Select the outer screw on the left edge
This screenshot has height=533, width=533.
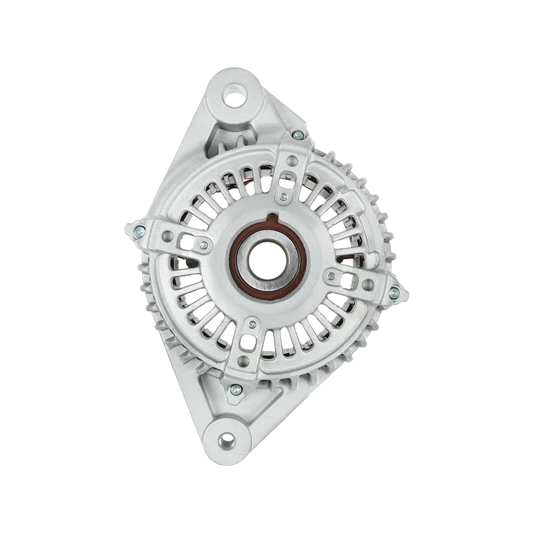point(139,231)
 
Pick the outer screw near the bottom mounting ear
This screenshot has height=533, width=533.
point(235,390)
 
